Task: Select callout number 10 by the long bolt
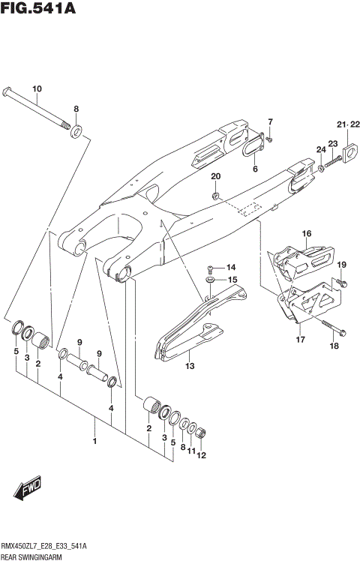[37, 88]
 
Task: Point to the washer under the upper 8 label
[76, 133]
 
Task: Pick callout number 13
[189, 367]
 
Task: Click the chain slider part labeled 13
[187, 330]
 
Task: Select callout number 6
[255, 169]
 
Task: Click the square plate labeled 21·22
[348, 156]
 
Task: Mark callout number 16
[305, 234]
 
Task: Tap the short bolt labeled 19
[342, 283]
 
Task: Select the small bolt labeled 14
[211, 268]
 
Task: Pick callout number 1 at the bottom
[94, 441]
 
